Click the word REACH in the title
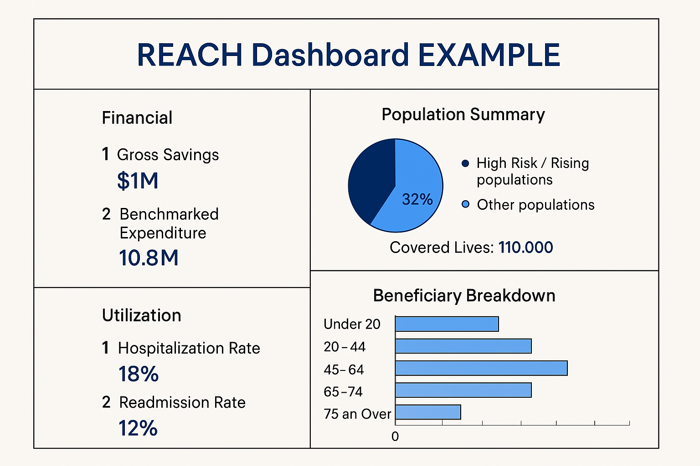(x=189, y=55)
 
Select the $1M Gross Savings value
(x=138, y=181)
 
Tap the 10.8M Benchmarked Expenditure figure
(x=149, y=258)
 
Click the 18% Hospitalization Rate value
(x=139, y=374)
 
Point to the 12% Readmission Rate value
(x=138, y=428)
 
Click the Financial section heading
(x=137, y=118)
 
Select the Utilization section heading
(x=141, y=315)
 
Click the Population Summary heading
(x=463, y=114)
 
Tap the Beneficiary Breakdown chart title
(x=464, y=296)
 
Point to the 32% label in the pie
(x=417, y=199)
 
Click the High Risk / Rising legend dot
(x=465, y=163)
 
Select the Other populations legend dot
(x=465, y=204)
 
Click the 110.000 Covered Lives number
(x=525, y=248)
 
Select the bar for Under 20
(x=447, y=324)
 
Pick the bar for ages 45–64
(x=481, y=368)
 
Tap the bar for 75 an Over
(x=428, y=412)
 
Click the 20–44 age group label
(x=345, y=347)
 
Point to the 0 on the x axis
(x=395, y=436)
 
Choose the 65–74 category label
(x=343, y=391)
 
